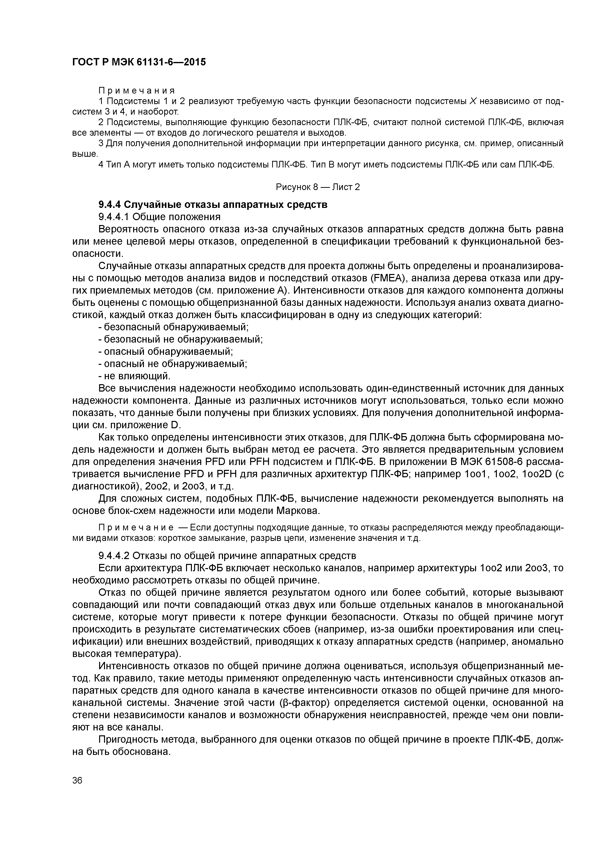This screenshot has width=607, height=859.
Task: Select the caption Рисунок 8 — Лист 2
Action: (x=317, y=187)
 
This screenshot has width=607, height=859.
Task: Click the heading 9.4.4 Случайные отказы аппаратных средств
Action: (x=213, y=205)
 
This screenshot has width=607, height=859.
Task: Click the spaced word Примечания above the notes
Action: (x=137, y=91)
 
